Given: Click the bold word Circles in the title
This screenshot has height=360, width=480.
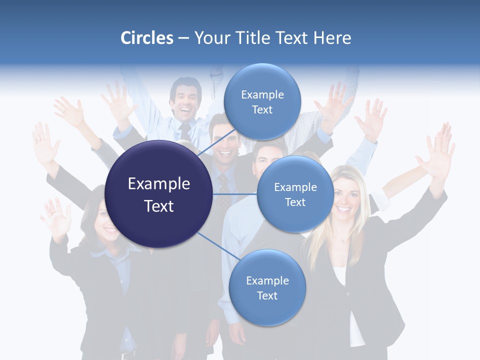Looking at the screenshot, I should [147, 38].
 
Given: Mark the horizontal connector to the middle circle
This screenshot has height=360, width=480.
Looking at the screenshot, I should [235, 193].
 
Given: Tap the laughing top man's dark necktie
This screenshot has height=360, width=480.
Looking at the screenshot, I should [185, 132].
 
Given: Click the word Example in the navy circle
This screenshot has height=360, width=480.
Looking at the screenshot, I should [159, 184].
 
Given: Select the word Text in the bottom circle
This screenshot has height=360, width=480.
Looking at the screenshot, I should [267, 295].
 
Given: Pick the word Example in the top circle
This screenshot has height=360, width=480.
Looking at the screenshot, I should [262, 94].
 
